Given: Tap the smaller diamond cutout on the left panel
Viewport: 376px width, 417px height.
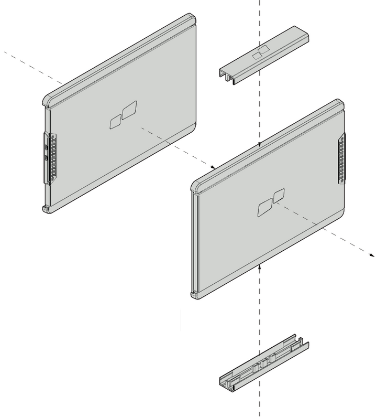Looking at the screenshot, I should [114, 123].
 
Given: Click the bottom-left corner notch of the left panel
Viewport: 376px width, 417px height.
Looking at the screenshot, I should [46, 209].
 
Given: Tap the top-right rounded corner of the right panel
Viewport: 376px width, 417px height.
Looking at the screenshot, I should [341, 102].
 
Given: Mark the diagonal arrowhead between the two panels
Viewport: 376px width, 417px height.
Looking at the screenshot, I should [213, 167].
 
